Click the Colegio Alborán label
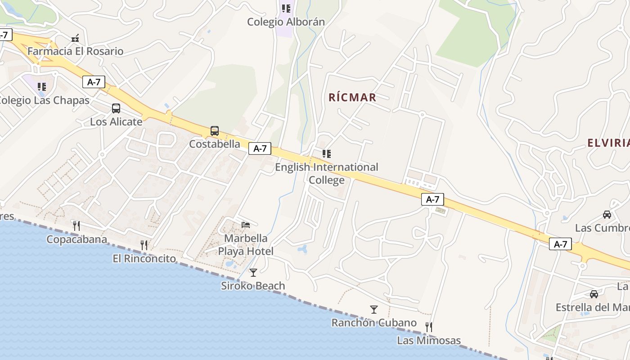[x=286, y=22]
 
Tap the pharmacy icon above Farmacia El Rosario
[x=76, y=38]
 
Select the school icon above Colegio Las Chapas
[x=42, y=86]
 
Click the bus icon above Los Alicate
[x=116, y=108]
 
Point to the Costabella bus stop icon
[x=215, y=131]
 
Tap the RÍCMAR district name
[x=352, y=97]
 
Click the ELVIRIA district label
[x=608, y=143]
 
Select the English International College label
[x=327, y=173]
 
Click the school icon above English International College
[x=327, y=154]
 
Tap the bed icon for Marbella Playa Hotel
[x=246, y=225]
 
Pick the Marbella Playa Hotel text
[x=246, y=245]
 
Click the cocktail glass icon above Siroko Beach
[x=253, y=272]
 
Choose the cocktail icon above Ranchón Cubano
[x=374, y=309]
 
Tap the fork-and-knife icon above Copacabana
[x=76, y=225]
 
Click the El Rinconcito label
[x=144, y=258]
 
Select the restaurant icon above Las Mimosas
[x=429, y=327]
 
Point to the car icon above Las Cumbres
[x=607, y=215]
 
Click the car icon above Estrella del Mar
[x=594, y=294]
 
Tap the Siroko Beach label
[x=253, y=286]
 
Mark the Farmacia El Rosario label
[x=75, y=51]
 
